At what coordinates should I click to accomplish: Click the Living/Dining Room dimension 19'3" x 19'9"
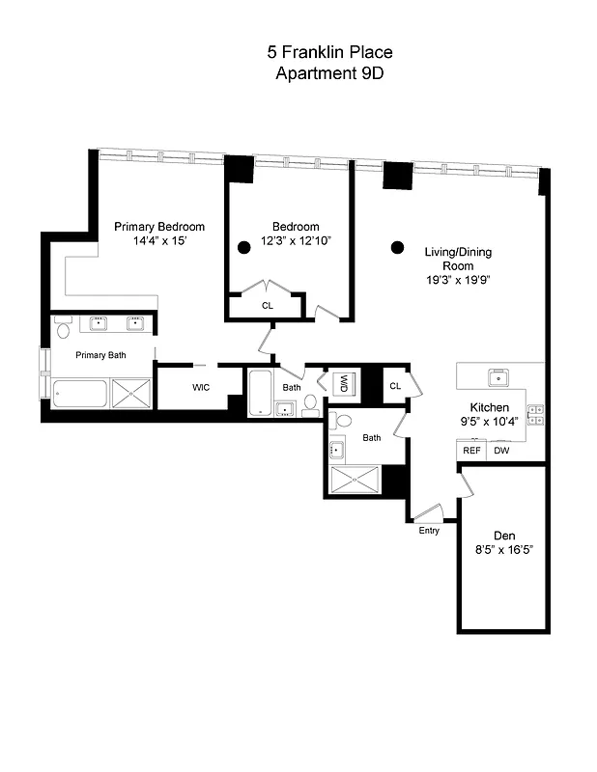tap(459, 279)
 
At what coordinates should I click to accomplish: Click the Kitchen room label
tap(490, 407)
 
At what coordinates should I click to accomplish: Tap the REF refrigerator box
tap(471, 451)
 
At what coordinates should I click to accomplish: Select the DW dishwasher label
tap(501, 451)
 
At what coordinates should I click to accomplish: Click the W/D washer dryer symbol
tap(343, 383)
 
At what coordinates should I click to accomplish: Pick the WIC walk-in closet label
tap(201, 388)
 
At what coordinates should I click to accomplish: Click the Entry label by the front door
tap(429, 531)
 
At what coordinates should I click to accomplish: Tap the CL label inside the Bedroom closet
tap(267, 306)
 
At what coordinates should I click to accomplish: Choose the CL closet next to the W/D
tap(395, 386)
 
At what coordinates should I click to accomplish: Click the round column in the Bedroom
tap(245, 246)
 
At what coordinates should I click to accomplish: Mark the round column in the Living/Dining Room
tap(396, 248)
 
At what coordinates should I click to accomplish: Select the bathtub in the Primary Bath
tap(79, 394)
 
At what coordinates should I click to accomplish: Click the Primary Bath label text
tap(101, 355)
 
